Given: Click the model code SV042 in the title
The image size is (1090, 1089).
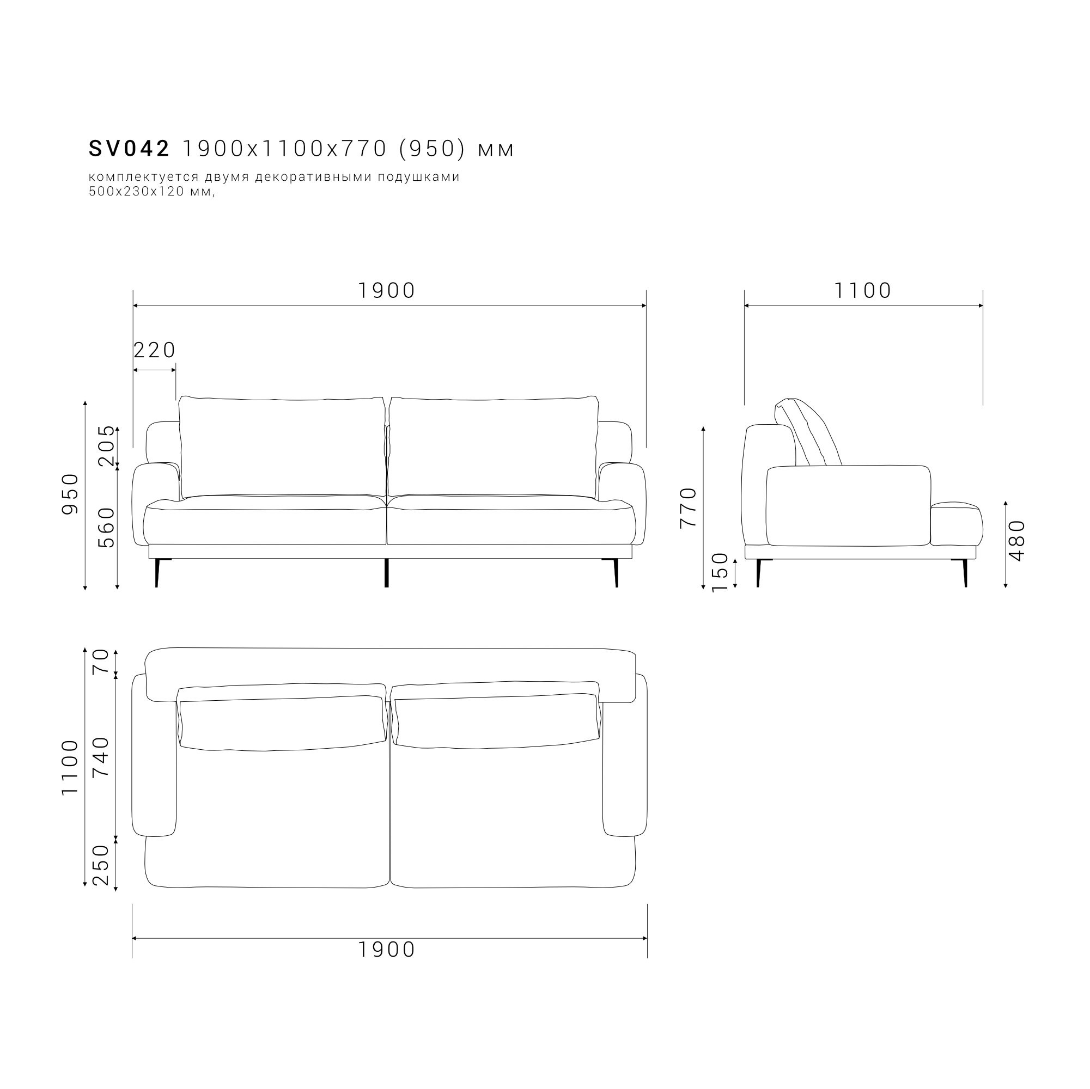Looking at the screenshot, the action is tap(129, 149).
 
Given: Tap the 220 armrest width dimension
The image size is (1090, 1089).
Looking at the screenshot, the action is tap(155, 350).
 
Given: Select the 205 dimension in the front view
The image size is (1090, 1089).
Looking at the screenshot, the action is tap(106, 445).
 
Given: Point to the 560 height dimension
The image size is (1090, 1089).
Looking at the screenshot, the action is tap(106, 528).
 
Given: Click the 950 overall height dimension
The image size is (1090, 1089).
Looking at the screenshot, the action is tap(70, 494).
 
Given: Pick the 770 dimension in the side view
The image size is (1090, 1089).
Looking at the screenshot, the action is tap(689, 507).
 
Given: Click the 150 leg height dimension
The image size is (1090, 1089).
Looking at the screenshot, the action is tap(721, 572).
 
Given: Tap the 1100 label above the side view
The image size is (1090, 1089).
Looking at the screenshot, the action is tap(863, 290).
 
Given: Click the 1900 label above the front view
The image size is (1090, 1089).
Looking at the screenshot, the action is tap(387, 290).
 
